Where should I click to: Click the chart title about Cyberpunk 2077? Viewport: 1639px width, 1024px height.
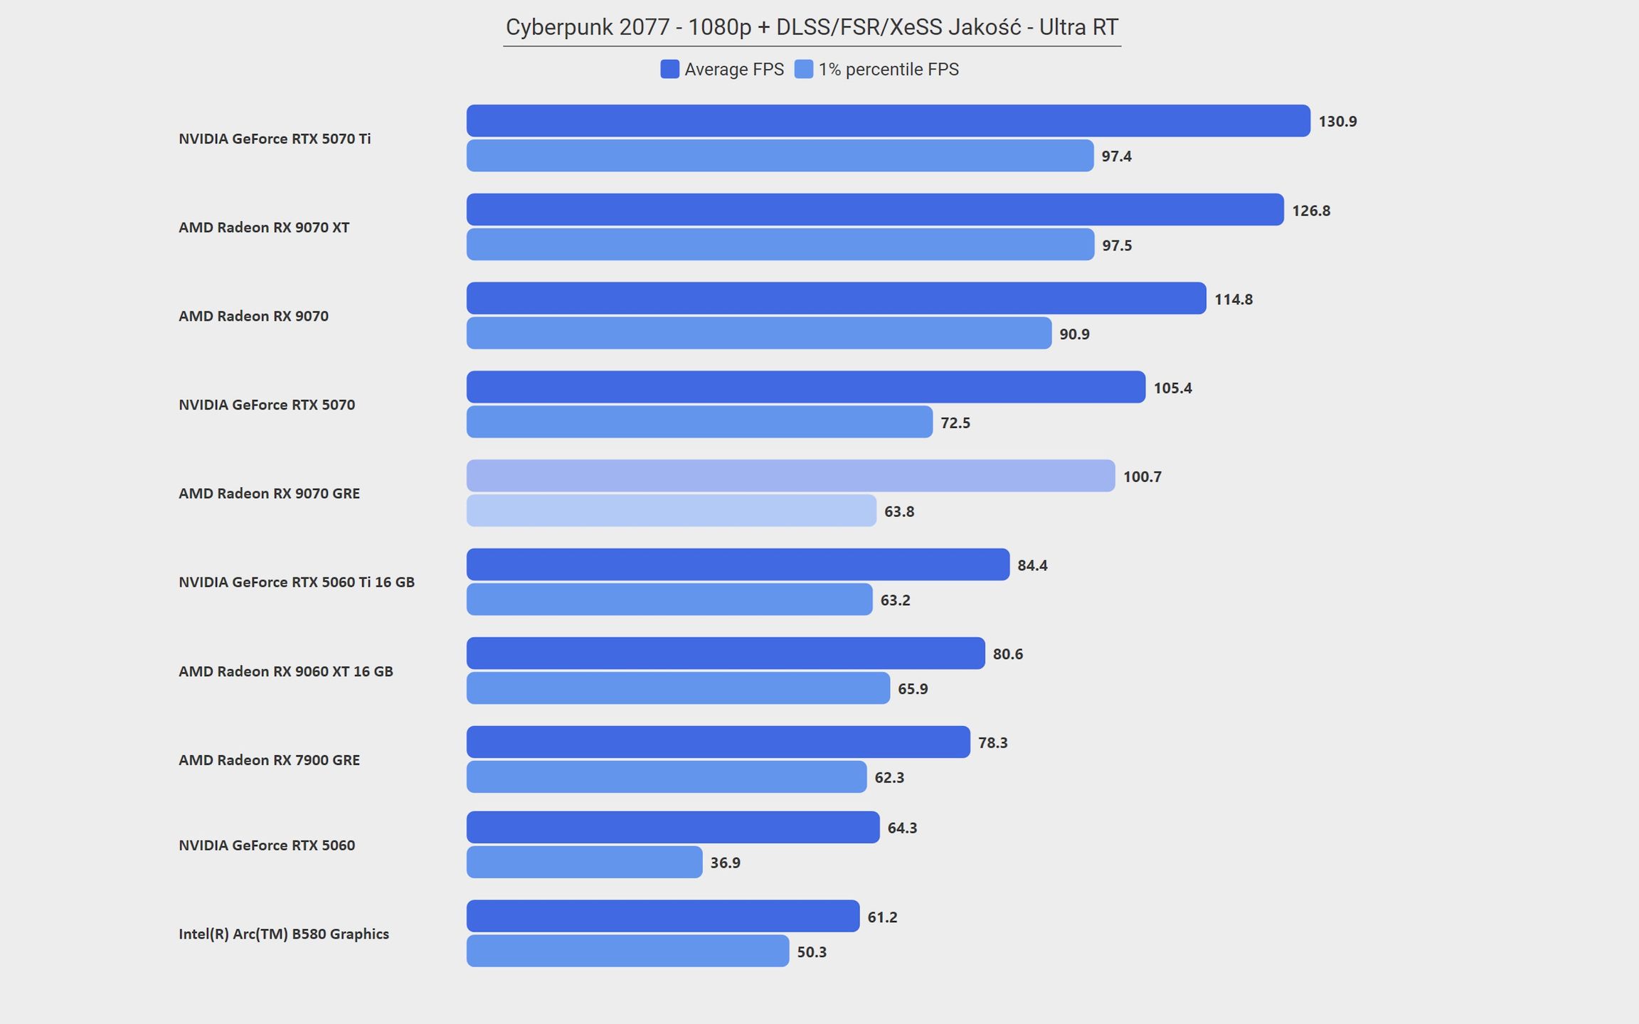(x=812, y=27)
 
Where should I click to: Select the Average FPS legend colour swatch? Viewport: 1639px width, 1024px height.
(x=669, y=69)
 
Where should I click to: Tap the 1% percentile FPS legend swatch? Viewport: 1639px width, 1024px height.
(x=803, y=69)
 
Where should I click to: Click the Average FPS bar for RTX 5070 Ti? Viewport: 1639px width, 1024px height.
(x=888, y=121)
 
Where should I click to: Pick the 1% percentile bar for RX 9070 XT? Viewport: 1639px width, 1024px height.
(x=780, y=245)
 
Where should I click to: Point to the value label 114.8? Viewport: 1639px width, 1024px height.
(x=1234, y=299)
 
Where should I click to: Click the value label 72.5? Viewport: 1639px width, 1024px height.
(x=955, y=423)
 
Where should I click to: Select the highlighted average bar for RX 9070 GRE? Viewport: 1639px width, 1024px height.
(x=790, y=476)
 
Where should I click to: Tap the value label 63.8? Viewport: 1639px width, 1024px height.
(x=899, y=512)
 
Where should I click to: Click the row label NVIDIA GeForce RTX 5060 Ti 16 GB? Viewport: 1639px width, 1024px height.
(x=297, y=582)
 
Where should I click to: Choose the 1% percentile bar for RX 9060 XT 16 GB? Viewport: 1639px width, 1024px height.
(x=678, y=688)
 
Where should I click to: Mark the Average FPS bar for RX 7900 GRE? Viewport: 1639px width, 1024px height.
(x=718, y=742)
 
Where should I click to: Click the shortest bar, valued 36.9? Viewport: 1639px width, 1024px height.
(x=584, y=862)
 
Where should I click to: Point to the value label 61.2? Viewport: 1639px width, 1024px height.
(x=882, y=917)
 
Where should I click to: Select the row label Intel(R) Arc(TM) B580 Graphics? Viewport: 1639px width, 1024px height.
(x=284, y=934)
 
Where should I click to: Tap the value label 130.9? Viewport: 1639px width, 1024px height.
(x=1337, y=122)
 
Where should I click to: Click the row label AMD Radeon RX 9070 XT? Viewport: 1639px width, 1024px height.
(x=264, y=228)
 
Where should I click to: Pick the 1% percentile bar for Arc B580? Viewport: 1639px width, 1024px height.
(x=627, y=951)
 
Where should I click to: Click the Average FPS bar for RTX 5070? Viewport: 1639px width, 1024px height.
(x=806, y=387)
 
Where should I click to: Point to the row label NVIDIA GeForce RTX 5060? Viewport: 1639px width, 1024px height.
(x=267, y=846)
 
